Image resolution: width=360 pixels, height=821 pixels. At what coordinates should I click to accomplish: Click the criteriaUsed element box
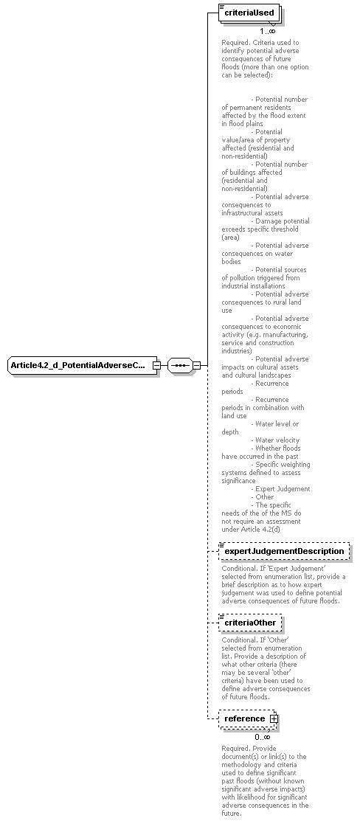coord(249,13)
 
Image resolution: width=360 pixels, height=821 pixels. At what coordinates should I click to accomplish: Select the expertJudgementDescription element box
coord(284,551)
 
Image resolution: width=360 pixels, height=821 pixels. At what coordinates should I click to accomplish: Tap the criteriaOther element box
coord(250,623)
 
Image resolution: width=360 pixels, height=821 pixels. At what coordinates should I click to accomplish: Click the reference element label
coord(244,718)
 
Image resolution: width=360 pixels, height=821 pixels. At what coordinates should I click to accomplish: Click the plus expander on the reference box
coord(273,718)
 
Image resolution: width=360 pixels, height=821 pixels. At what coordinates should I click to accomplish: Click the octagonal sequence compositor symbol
coord(179,365)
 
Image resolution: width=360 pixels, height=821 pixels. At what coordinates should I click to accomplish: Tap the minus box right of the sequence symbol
coord(196,365)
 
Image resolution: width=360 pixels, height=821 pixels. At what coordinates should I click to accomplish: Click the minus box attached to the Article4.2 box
coord(156,365)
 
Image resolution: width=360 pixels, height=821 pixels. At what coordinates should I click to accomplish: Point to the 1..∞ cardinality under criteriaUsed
coord(267,31)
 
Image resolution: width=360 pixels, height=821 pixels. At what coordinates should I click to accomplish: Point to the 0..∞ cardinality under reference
coord(263,736)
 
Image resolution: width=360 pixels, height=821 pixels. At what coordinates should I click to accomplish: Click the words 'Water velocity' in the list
coord(277,440)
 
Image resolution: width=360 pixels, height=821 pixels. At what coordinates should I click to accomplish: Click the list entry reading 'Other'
coord(264,497)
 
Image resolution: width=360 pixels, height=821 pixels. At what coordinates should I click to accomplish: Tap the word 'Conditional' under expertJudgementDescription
coord(240,568)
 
